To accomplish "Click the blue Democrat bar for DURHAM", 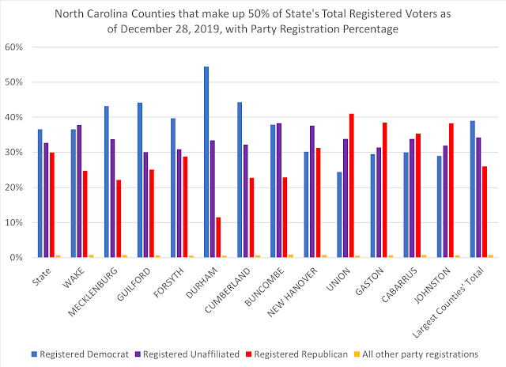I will pos(206,162).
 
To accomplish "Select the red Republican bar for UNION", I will pos(352,186).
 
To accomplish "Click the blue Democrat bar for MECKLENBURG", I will pos(106,182).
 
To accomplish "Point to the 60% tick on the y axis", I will pos(18,47).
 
